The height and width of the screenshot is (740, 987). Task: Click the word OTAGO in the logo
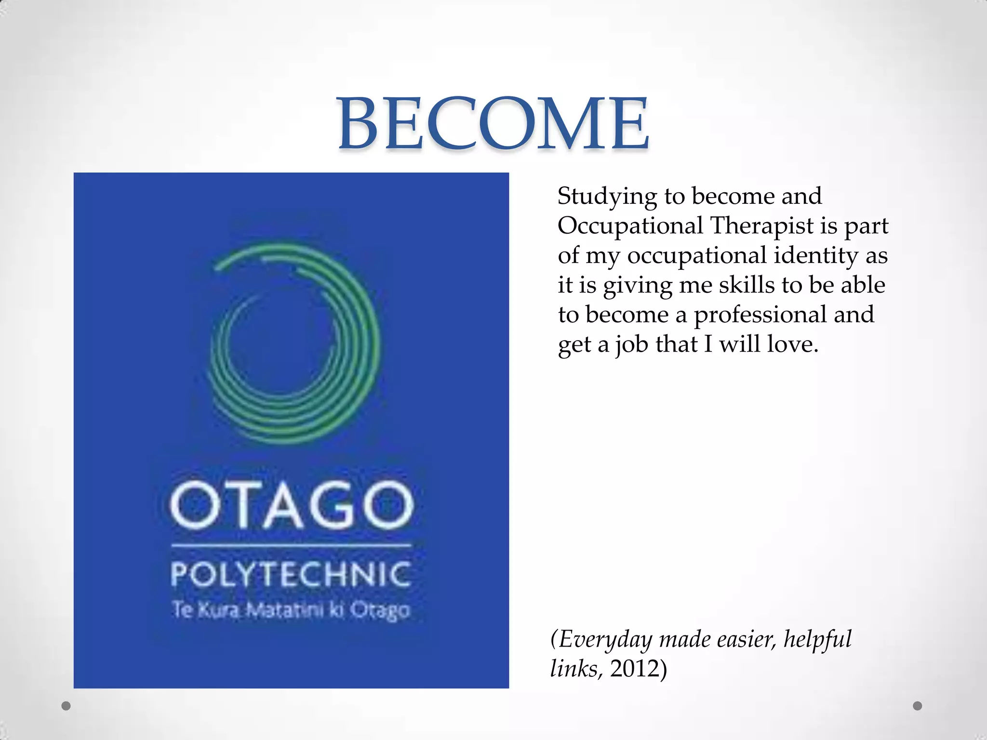(292, 505)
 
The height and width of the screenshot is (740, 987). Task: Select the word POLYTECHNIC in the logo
(291, 574)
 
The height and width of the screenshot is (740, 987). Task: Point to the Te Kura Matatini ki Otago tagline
(291, 610)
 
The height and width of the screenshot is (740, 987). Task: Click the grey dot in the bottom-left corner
(67, 706)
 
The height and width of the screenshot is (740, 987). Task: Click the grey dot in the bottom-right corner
(918, 706)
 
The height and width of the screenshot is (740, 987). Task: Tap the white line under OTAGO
(291, 546)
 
